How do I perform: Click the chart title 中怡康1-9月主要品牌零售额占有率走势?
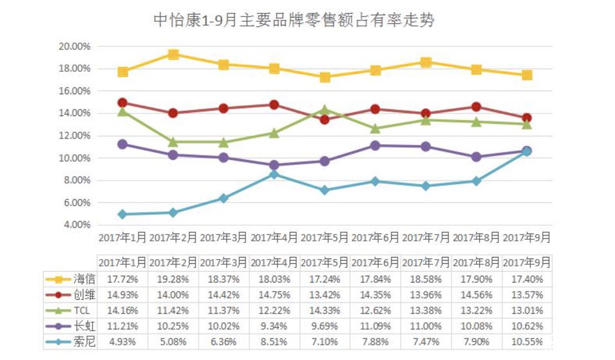coord(294,20)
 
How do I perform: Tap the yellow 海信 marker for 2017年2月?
coord(173,55)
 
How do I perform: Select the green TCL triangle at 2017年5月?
coord(325,110)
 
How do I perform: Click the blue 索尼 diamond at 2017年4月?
coord(274,174)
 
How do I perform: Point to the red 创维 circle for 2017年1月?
coord(123,102)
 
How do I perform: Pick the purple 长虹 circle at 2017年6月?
coord(375,146)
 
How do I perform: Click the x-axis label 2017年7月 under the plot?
coord(426,238)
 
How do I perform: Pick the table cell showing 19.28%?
coord(173,279)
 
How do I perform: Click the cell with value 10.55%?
coord(527,342)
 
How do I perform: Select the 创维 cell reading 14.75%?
coord(274,295)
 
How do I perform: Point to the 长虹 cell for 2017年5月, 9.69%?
coord(325,327)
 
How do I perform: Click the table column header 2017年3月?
coord(224,262)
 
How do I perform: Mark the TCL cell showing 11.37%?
coord(224,311)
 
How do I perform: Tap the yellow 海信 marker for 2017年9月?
coord(527,75)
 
